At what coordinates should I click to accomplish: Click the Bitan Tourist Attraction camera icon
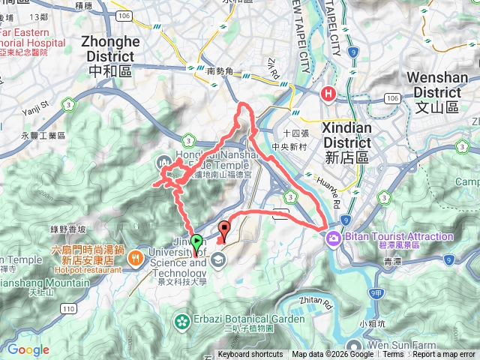(x=332, y=238)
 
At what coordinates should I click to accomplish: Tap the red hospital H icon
(x=328, y=94)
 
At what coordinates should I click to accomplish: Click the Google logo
(x=28, y=349)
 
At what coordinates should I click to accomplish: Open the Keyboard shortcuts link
(x=250, y=355)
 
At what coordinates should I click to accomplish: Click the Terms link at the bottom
(x=393, y=355)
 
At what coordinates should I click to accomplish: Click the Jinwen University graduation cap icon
(x=218, y=260)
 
